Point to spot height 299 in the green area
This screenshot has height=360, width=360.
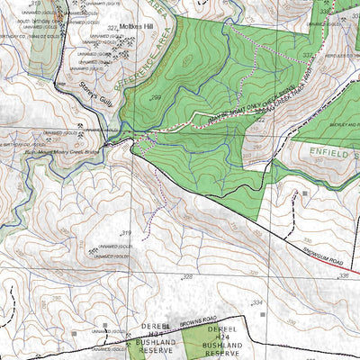(156, 97)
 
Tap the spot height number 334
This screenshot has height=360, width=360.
(257, 302)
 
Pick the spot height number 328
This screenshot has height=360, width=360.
(188, 276)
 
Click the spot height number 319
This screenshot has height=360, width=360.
(126, 234)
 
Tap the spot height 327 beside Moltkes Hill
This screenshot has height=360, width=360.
(112, 28)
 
